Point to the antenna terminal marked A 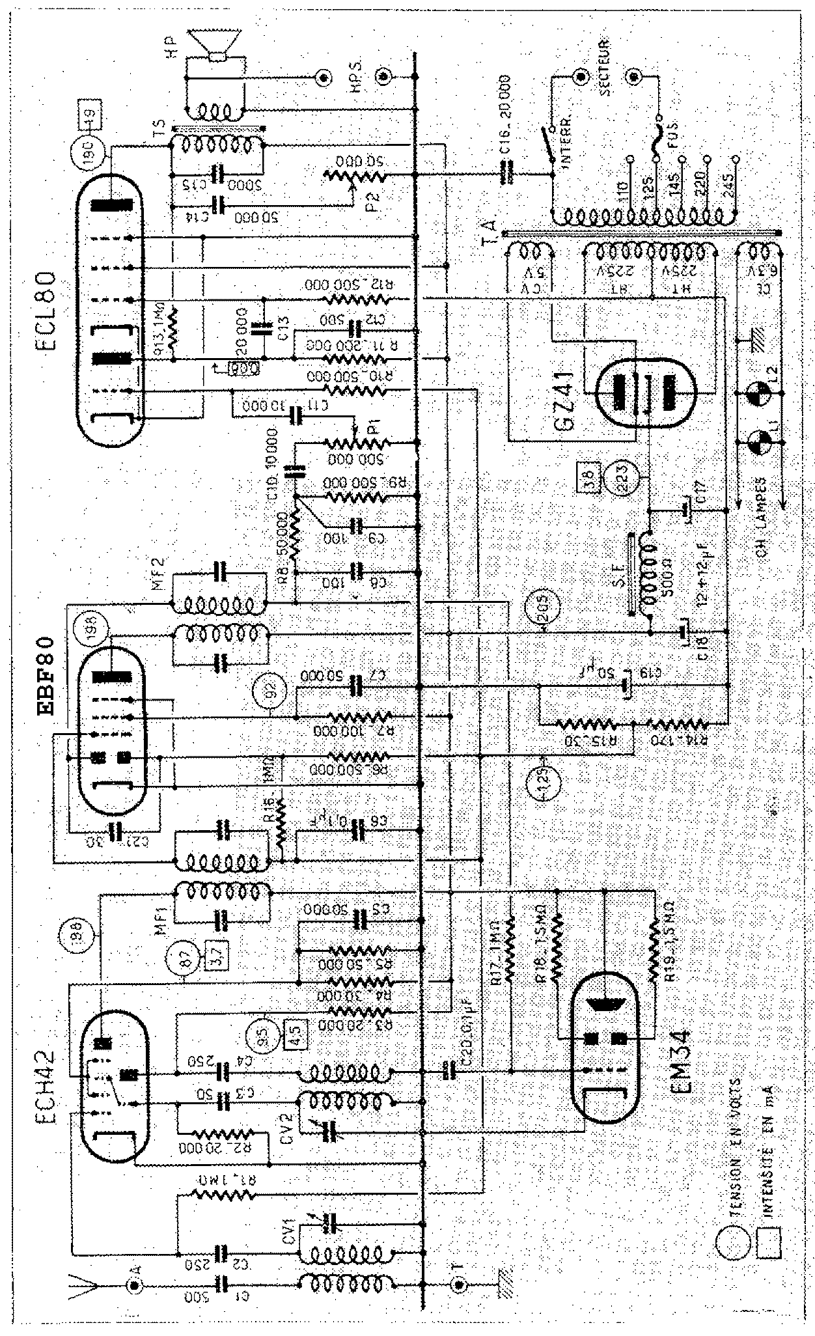point(135,1284)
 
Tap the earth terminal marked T point(459,1284)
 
